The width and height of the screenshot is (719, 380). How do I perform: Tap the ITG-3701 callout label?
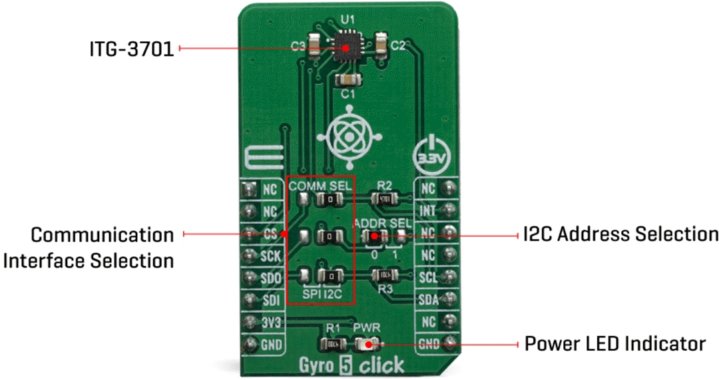click(132, 49)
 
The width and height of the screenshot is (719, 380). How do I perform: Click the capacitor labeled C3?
click(314, 45)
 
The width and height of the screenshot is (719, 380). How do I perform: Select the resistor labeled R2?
click(384, 198)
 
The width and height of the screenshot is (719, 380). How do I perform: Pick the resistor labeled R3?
click(384, 274)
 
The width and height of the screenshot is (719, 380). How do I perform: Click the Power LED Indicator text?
click(614, 344)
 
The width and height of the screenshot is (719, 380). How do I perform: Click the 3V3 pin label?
click(270, 323)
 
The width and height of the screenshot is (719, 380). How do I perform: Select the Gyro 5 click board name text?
click(350, 365)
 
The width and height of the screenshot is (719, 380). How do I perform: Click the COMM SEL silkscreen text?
click(320, 186)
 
